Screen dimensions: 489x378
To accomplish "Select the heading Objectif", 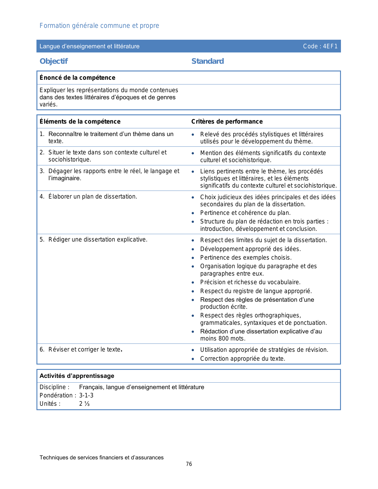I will [x=54, y=61].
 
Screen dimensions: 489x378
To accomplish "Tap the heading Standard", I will [x=208, y=61].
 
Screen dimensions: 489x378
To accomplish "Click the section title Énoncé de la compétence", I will [x=77, y=78].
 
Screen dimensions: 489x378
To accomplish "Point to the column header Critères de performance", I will [x=227, y=122].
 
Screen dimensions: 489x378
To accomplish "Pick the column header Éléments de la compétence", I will [x=80, y=122].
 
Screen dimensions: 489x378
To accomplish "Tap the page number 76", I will [x=189, y=464].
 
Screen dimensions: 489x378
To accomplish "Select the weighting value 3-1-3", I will [x=86, y=395].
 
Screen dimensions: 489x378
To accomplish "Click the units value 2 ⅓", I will [x=84, y=404].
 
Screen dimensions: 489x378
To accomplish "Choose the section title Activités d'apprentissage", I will [x=77, y=376].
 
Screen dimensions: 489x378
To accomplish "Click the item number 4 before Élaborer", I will [x=42, y=197].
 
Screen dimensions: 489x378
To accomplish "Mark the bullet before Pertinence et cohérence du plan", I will [x=193, y=213].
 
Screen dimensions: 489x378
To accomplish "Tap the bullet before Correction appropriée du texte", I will [x=193, y=359].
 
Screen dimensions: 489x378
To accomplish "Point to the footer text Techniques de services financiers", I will [x=101, y=458].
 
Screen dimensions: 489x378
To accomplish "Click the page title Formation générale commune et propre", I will [x=99, y=26].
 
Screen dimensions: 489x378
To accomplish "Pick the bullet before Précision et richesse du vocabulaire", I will [x=193, y=282].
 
